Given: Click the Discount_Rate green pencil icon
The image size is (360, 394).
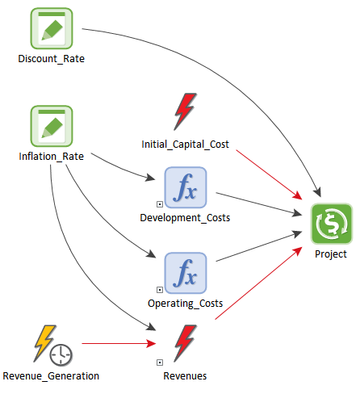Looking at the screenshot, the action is [52, 28].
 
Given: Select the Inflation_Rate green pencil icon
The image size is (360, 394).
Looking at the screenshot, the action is [52, 126].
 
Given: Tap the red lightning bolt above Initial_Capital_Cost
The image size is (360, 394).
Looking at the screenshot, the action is [186, 111].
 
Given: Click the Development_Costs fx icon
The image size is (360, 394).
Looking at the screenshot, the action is [186, 187].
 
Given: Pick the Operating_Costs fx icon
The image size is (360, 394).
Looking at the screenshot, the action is [186, 273].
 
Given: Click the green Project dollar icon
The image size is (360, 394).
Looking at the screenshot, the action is [332, 224].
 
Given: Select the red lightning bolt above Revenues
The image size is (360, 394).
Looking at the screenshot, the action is [186, 343].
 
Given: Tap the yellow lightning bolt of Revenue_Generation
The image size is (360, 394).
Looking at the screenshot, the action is [44, 343].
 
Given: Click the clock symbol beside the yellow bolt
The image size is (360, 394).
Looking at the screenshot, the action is [61, 354].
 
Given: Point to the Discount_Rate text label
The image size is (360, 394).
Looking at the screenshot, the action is [52, 59].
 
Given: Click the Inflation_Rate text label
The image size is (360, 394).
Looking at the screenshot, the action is [52, 157].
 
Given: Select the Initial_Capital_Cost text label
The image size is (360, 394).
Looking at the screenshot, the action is [186, 145].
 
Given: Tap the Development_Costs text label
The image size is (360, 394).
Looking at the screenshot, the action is [185, 218].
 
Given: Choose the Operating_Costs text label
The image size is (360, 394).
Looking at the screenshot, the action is [186, 304].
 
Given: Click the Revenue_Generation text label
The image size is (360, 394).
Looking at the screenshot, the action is [51, 376].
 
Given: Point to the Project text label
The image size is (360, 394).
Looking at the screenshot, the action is [331, 254].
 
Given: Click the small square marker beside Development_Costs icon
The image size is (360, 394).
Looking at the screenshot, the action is [160, 204].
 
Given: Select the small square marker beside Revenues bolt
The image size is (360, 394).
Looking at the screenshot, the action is [160, 363].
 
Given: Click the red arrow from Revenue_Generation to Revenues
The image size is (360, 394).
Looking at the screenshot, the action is [119, 343].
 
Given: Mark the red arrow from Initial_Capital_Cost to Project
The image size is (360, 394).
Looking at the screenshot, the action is [269, 175].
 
